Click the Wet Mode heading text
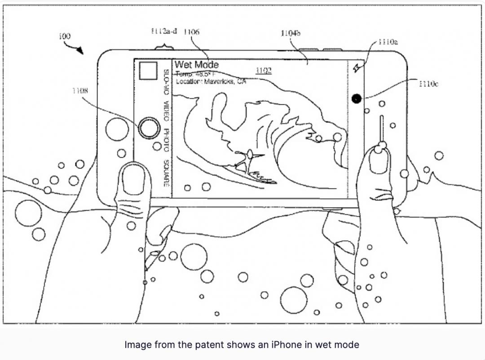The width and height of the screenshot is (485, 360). pyautogui.click(x=196, y=65)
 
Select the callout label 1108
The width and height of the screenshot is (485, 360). pyautogui.click(x=80, y=91)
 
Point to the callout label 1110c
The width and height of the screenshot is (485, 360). pyautogui.click(x=428, y=84)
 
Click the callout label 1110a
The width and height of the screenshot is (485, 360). pyautogui.click(x=388, y=42)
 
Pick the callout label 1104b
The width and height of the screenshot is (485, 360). pyautogui.click(x=291, y=33)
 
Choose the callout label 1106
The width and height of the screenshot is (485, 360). pyautogui.click(x=192, y=32)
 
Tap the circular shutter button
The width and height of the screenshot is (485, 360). pyautogui.click(x=149, y=128)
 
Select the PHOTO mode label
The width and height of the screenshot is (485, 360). pyautogui.click(x=166, y=139)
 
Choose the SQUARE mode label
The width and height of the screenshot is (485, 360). pyautogui.click(x=166, y=173)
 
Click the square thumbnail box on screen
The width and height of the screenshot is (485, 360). pyautogui.click(x=148, y=71)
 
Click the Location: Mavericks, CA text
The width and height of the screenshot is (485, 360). pyautogui.click(x=211, y=82)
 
